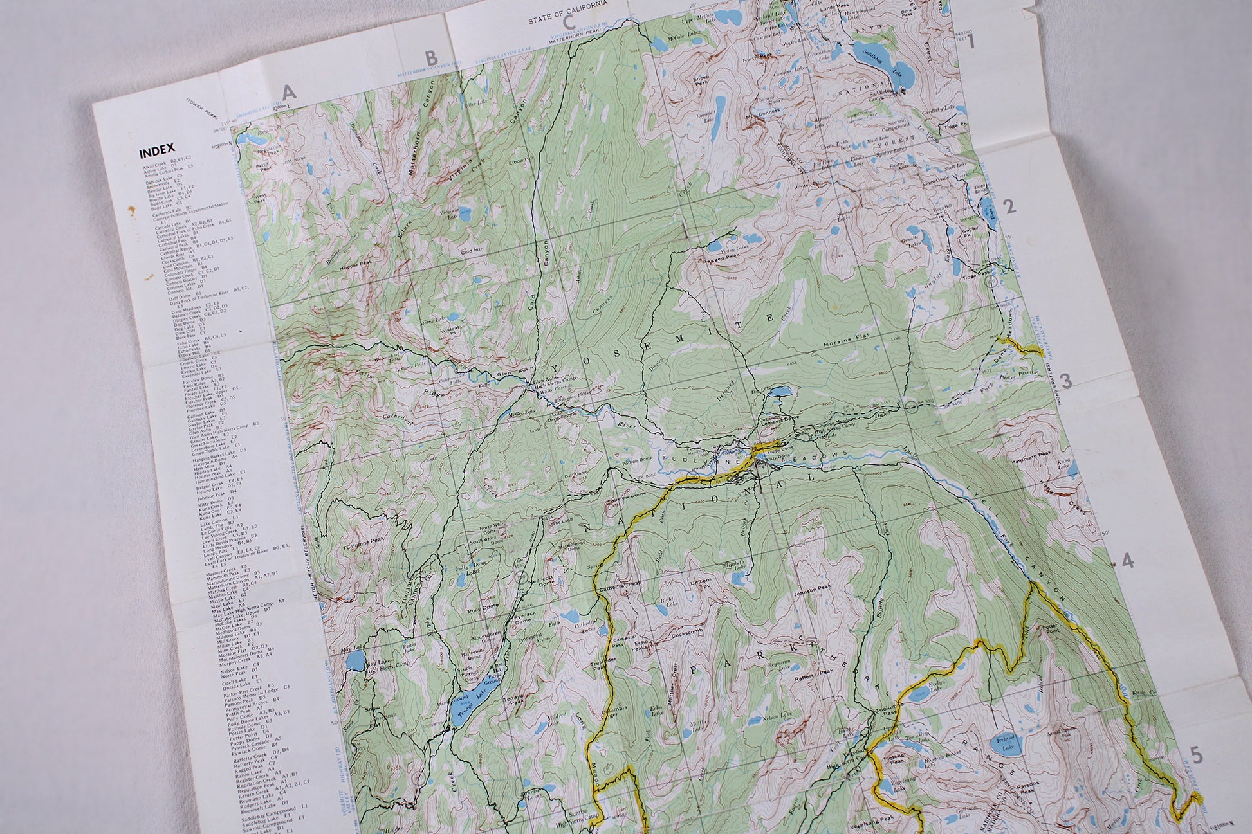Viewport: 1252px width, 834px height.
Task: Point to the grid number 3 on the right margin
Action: point(1065,381)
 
